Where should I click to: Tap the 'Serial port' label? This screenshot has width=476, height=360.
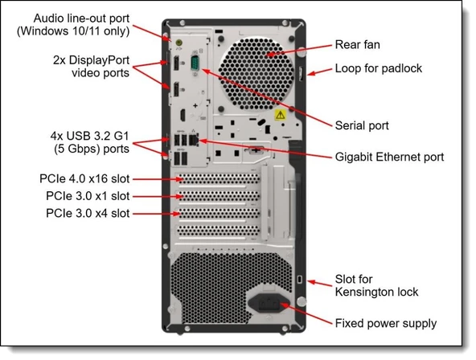[362, 125]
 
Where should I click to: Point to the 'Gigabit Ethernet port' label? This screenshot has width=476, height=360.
[389, 157]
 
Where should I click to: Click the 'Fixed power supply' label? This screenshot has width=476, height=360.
[385, 324]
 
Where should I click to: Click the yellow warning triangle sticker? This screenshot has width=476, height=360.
[279, 116]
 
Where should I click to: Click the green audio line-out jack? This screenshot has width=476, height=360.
[166, 37]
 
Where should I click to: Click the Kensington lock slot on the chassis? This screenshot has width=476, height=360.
[299, 279]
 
